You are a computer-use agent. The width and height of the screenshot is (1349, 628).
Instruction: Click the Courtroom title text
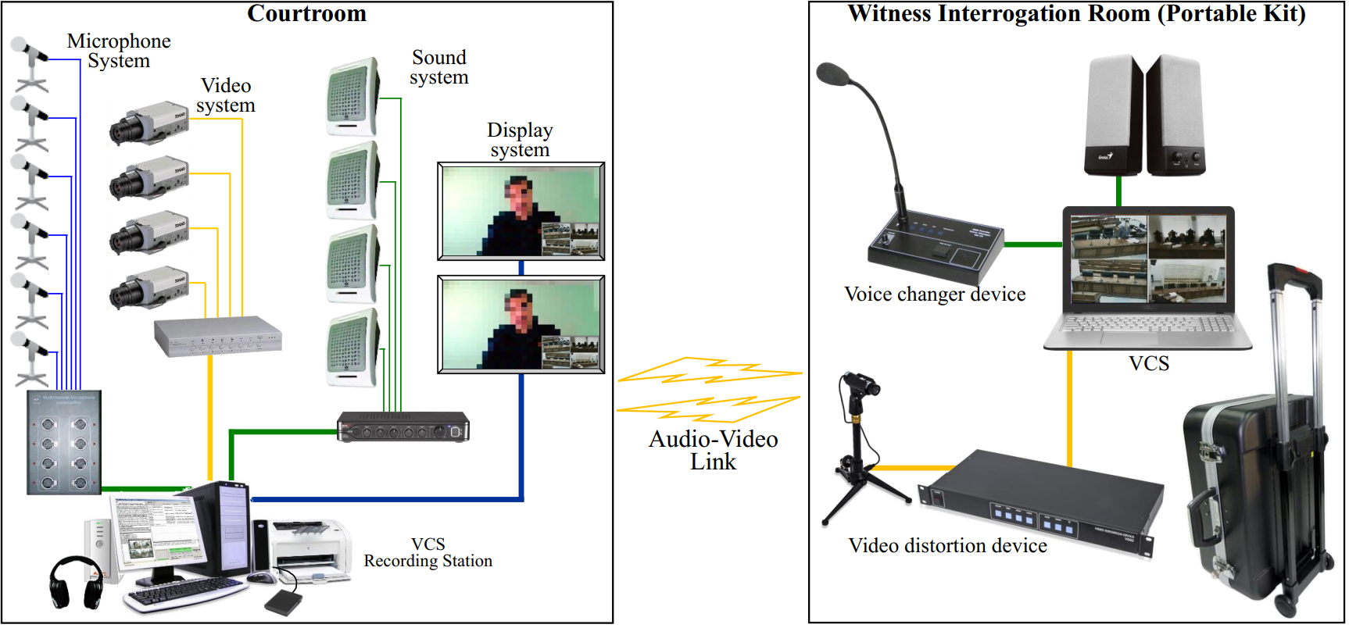click(306, 13)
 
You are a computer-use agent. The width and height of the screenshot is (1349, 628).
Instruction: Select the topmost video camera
click(148, 123)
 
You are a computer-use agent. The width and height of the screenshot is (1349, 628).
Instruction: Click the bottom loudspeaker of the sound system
click(352, 348)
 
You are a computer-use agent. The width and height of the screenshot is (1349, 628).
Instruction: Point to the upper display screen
click(521, 211)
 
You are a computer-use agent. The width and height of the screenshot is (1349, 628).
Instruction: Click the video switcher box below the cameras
click(217, 337)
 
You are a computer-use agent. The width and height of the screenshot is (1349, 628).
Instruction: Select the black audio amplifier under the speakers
click(403, 427)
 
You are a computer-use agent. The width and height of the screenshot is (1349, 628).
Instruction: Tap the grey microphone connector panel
click(64, 442)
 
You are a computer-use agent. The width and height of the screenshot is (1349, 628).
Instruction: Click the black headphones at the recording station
click(76, 582)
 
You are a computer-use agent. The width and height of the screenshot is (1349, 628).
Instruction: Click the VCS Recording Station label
click(428, 552)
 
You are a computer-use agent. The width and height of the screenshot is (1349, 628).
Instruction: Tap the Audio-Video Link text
click(713, 450)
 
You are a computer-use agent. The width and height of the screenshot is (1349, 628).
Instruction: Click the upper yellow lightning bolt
click(707, 370)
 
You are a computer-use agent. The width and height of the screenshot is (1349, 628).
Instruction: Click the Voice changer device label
click(935, 294)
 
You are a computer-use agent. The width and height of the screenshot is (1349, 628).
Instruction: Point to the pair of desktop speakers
click(1144, 115)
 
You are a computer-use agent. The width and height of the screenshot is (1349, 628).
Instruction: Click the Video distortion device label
click(947, 545)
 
